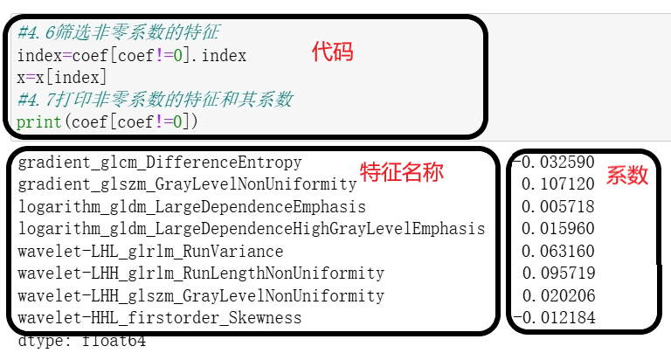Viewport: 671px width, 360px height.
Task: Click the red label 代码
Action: (333, 52)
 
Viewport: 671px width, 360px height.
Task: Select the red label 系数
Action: (627, 175)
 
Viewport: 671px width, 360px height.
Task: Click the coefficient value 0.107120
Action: (557, 184)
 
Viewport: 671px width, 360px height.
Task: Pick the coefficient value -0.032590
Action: (554, 163)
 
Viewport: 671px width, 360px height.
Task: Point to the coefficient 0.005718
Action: (557, 207)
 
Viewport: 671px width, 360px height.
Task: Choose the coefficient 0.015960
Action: (557, 229)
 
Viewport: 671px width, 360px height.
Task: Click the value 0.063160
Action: (557, 252)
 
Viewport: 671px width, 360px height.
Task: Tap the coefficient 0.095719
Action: (557, 273)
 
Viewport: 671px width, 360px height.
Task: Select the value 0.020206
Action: (557, 296)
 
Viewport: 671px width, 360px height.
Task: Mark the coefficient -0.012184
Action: (554, 318)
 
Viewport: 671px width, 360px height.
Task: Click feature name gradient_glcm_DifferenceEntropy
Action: (160, 163)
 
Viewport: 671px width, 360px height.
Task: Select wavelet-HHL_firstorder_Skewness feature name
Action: (160, 318)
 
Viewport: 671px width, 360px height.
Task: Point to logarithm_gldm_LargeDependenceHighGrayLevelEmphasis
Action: (251, 229)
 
